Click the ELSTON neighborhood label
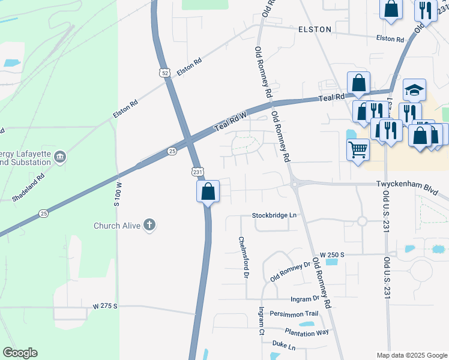tap(315, 29)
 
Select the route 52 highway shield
tap(165, 73)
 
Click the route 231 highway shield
tap(197, 172)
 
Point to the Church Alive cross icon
tap(149, 226)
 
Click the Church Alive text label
tap(116, 226)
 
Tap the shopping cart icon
tap(358, 148)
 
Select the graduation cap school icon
tap(414, 90)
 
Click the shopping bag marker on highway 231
tap(208, 191)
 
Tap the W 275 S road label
tap(106, 306)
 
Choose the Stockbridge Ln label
tap(274, 215)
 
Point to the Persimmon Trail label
tap(294, 314)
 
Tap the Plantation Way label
tap(307, 332)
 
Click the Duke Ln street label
tap(284, 347)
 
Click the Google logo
tap(20, 353)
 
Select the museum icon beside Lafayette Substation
tap(59, 158)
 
